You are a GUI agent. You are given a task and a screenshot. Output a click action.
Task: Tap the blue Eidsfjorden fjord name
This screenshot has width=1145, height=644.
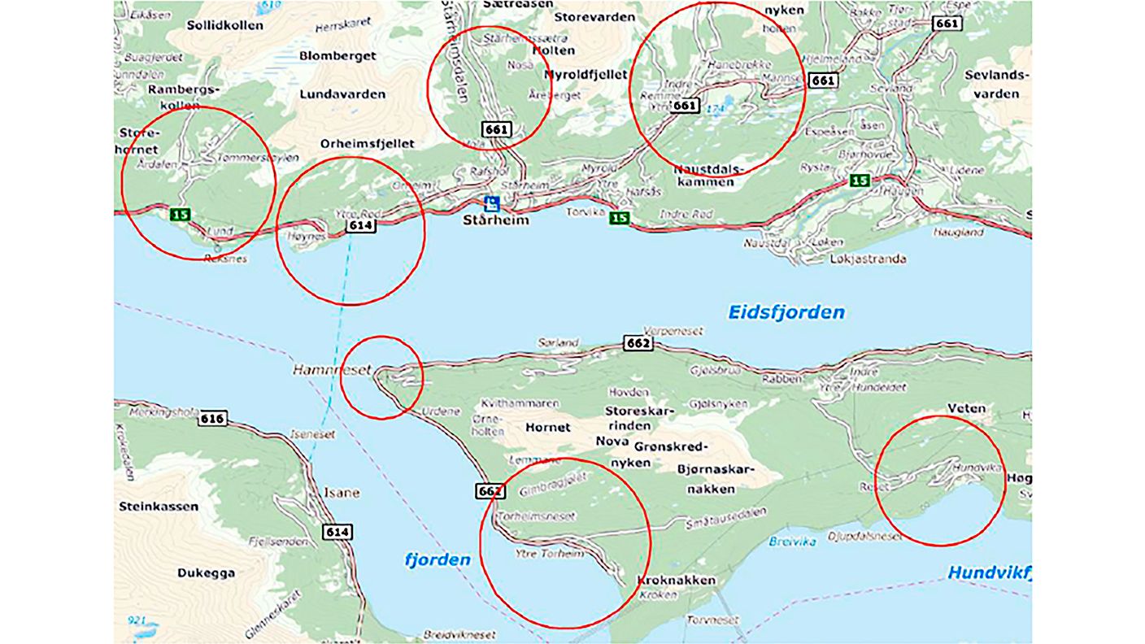[786, 312]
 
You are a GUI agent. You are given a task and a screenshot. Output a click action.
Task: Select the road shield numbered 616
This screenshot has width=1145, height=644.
[212, 419]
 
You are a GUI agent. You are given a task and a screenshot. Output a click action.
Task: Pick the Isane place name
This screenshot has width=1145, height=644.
[342, 494]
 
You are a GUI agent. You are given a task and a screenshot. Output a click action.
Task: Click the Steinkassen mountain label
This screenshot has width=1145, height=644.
[158, 507]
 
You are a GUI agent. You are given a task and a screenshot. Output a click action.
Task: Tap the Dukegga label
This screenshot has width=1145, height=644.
[207, 573]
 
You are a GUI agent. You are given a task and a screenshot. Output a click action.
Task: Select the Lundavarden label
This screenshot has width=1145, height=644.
[342, 94]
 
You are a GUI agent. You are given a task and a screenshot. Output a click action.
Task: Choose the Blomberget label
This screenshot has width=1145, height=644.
[337, 56]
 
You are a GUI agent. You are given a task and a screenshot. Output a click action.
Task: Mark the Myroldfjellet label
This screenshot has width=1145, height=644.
[586, 75]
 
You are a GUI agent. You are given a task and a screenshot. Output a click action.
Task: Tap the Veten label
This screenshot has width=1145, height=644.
[966, 408]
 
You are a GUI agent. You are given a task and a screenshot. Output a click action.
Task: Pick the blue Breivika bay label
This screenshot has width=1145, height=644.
[786, 541]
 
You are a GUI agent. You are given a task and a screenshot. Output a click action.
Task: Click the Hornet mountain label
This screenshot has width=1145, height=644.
[548, 427]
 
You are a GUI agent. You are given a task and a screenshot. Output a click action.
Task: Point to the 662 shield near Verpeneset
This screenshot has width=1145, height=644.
[638, 343]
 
